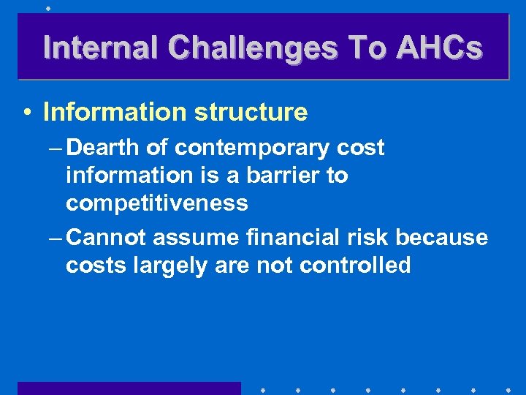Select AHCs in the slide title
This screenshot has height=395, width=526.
[439, 48]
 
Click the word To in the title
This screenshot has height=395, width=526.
[367, 48]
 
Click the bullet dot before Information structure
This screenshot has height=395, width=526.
[26, 113]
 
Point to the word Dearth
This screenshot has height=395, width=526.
[102, 148]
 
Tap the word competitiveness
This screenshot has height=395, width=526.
[156, 203]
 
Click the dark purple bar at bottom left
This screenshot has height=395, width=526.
[129, 388]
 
